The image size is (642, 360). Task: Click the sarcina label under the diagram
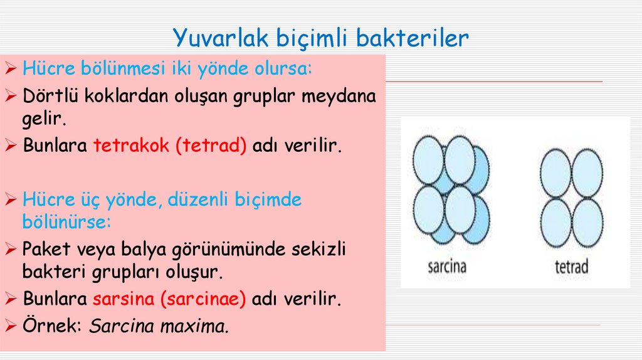click(447, 267)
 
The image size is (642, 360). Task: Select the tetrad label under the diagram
click(572, 267)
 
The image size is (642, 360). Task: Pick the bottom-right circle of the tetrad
click(587, 223)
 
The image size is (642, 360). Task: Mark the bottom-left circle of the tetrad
click(555, 223)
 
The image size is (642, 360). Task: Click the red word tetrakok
click(132, 146)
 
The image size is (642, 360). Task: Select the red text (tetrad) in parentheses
click(211, 146)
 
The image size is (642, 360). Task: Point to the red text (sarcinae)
click(202, 299)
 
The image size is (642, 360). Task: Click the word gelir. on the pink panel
click(44, 119)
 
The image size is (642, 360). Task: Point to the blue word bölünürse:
click(66, 222)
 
